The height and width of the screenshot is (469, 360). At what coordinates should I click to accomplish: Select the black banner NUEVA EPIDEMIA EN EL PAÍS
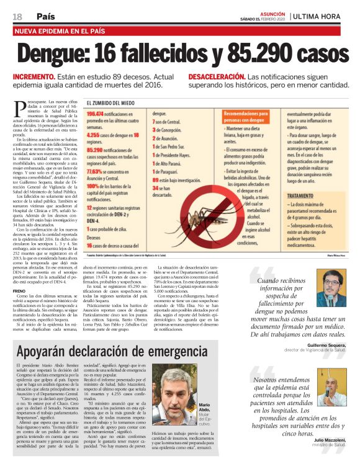pyautogui.click(x=61, y=30)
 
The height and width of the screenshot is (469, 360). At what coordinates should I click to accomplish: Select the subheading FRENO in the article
pyautogui.click(x=20, y=290)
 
